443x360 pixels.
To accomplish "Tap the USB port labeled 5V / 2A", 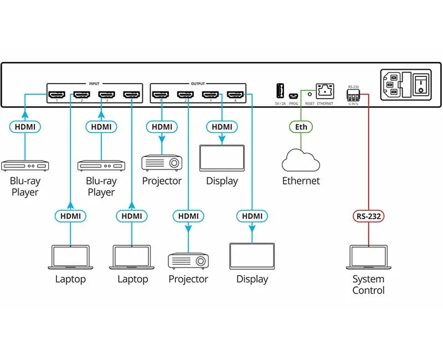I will tap(280, 90).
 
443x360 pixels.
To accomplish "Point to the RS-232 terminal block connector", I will tap(353, 94).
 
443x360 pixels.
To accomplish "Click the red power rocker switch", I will tap(422, 85).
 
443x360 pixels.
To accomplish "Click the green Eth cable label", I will tap(301, 127).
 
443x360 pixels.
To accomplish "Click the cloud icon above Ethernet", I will tap(301, 161).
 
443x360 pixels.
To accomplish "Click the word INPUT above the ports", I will tap(94, 84).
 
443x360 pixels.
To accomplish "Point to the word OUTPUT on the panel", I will tap(198, 84).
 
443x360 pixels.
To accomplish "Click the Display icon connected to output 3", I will tap(222, 159).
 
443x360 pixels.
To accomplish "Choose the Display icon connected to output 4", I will tap(253, 256).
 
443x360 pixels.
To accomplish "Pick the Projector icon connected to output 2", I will tap(188, 260).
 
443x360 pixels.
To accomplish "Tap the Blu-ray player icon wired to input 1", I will tap(25, 165).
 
